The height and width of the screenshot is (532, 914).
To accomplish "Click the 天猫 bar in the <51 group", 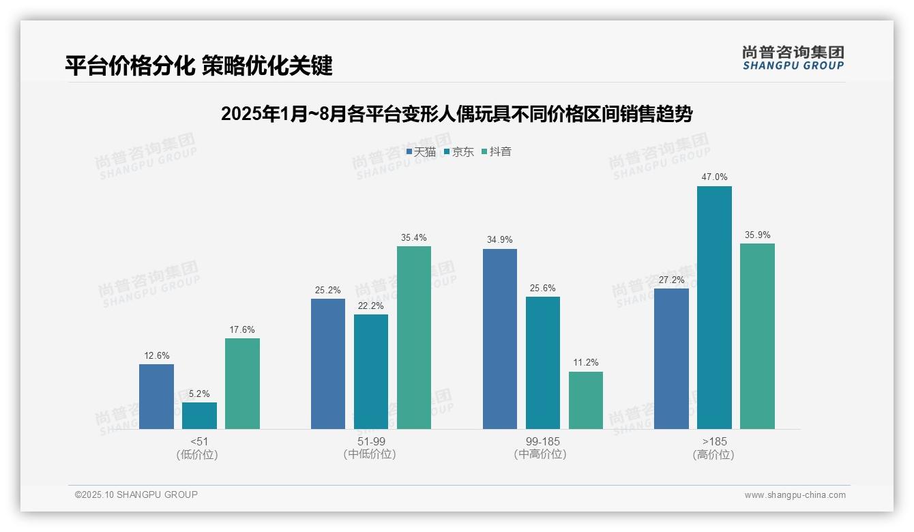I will [156, 396].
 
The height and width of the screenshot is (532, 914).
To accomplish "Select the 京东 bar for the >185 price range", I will [714, 307].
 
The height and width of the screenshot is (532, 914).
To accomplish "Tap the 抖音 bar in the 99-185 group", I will [586, 400].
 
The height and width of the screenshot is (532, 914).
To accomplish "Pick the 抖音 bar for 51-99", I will [414, 337].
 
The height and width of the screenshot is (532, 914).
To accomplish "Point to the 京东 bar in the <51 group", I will [199, 415].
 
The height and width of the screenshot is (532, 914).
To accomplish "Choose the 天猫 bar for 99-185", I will [500, 338].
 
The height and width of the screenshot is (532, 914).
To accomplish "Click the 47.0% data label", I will [714, 177].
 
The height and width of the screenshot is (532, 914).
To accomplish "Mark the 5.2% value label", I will [199, 394].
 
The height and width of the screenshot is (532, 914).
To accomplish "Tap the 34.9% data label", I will [500, 240].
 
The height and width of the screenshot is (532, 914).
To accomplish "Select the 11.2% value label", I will [586, 363].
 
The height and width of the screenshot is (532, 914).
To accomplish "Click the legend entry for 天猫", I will [421, 152].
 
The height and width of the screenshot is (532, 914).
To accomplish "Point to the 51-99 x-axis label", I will [370, 442].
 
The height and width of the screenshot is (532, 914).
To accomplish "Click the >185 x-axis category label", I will [713, 442].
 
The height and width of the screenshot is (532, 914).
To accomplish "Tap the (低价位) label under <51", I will [198, 454].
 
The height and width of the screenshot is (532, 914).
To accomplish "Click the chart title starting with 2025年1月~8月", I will [456, 114].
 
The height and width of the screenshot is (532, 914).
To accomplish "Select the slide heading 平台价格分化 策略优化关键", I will [198, 66].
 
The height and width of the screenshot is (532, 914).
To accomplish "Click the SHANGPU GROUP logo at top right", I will [793, 58].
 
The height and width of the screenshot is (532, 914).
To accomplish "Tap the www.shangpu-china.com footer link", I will [795, 495].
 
